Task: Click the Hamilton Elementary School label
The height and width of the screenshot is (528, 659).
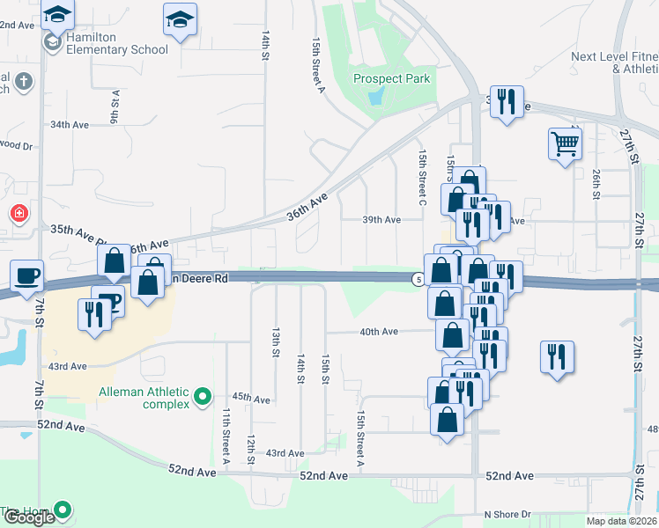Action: (x=117, y=49)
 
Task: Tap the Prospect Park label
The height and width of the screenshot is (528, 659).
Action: (x=392, y=78)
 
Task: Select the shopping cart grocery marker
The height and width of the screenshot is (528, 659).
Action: (x=565, y=143)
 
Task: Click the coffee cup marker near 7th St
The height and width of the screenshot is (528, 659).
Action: (x=27, y=275)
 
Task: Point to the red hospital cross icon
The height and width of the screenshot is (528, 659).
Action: (x=18, y=214)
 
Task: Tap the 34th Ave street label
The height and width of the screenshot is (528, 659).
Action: (x=70, y=125)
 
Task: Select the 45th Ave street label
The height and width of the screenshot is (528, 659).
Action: (x=251, y=399)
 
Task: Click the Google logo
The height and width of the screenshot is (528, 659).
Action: (x=28, y=517)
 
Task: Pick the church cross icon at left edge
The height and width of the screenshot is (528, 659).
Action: (x=24, y=82)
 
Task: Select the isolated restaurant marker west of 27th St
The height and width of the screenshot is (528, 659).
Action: (x=557, y=356)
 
